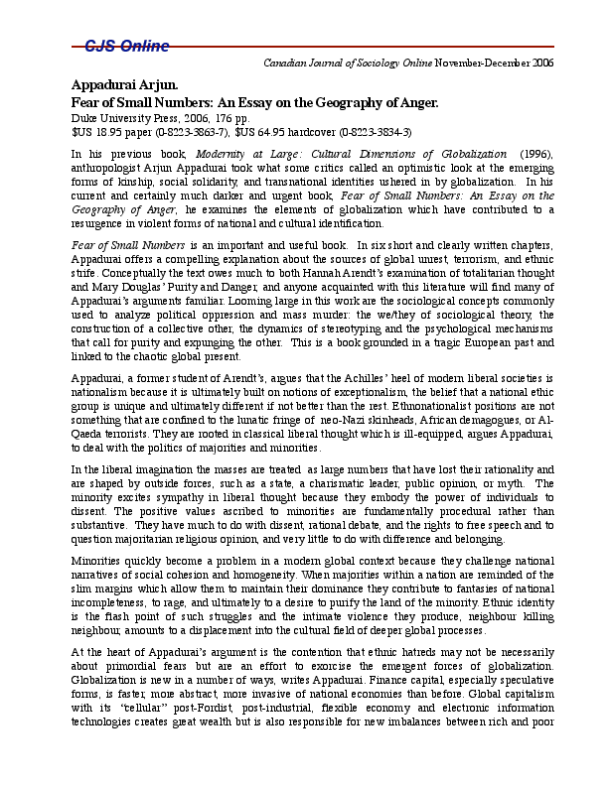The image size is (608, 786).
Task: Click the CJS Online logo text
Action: (x=125, y=46)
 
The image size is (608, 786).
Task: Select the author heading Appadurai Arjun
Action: (x=123, y=85)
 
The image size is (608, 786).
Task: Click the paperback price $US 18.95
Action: (x=99, y=131)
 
